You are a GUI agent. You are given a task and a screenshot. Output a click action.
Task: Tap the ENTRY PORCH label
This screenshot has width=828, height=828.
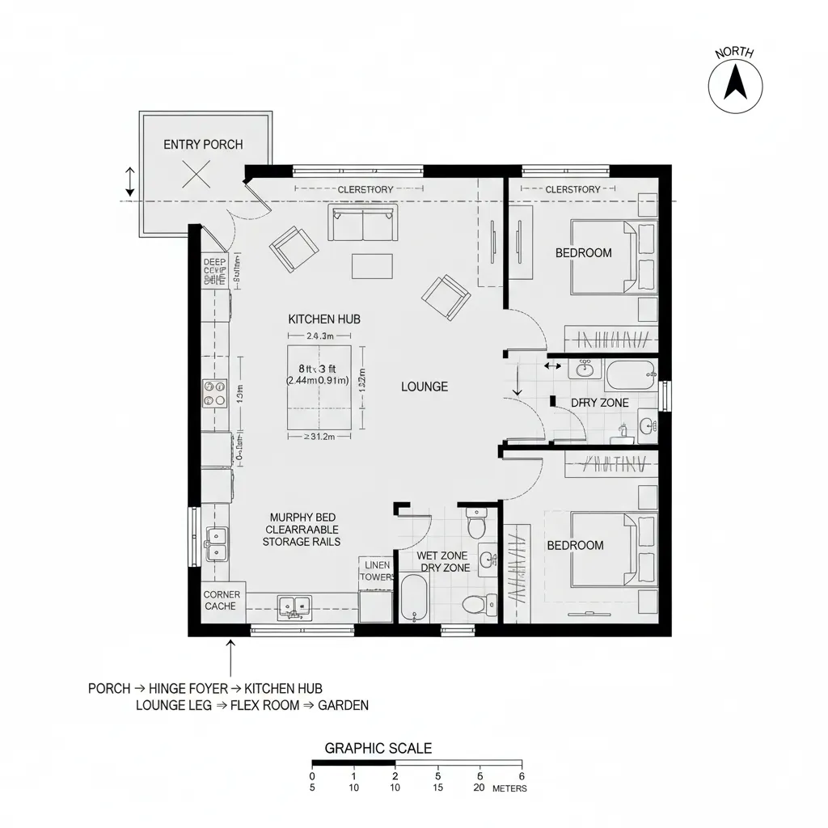pyautogui.click(x=203, y=145)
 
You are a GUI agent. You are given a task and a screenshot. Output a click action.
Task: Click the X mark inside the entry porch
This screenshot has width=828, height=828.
pyautogui.click(x=196, y=174)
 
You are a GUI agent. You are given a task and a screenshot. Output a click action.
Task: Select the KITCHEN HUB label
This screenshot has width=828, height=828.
pyautogui.click(x=324, y=319)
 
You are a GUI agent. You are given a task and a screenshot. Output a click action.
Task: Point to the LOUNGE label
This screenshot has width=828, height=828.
pyautogui.click(x=425, y=387)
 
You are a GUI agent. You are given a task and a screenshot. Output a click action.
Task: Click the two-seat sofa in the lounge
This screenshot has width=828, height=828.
pyautogui.click(x=363, y=222)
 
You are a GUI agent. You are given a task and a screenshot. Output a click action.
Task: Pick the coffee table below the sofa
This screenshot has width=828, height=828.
pyautogui.click(x=372, y=266)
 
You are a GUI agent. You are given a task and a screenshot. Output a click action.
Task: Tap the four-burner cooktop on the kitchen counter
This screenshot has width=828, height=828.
pyautogui.click(x=215, y=394)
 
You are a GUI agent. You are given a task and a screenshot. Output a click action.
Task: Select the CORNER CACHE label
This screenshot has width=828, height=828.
pyautogui.click(x=221, y=600)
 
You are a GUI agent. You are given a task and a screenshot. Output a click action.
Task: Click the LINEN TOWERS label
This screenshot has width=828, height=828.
pyautogui.click(x=378, y=571)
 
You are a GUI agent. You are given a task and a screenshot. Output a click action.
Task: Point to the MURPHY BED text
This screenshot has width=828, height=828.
pyautogui.click(x=302, y=517)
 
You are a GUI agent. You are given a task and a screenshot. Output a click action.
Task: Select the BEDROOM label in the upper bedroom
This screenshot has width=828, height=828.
pyautogui.click(x=583, y=253)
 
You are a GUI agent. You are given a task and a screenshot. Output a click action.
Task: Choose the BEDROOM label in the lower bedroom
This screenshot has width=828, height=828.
pyautogui.click(x=575, y=545)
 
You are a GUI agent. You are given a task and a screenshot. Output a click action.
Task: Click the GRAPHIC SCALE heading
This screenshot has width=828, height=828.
pyautogui.click(x=378, y=749)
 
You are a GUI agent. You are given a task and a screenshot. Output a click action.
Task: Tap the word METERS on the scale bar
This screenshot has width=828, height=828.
pyautogui.click(x=509, y=788)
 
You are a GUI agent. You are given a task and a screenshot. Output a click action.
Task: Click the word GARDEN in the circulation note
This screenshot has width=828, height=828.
pyautogui.click(x=343, y=705)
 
